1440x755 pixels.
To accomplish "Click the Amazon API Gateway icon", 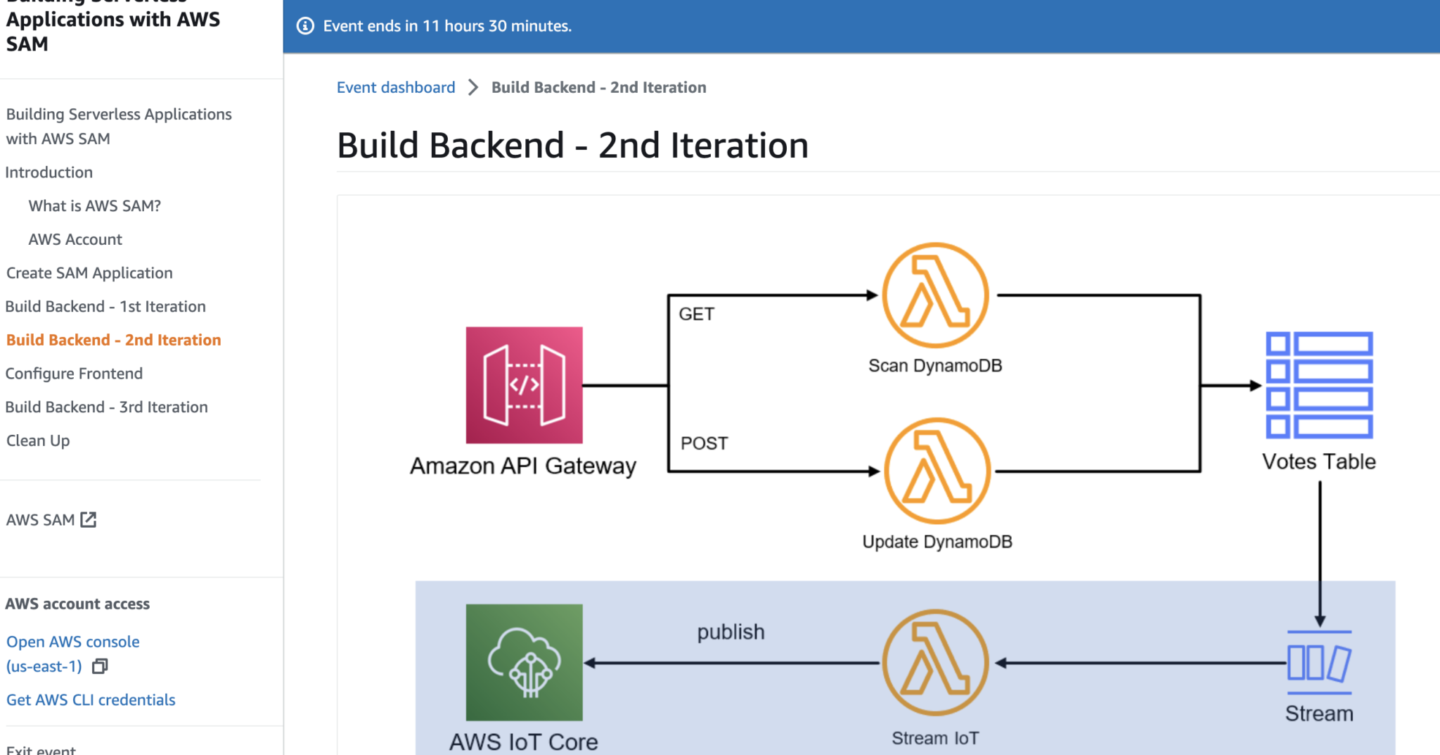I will (524, 385).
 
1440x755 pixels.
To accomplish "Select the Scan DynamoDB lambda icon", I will (935, 295).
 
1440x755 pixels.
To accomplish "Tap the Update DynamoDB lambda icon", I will (937, 471).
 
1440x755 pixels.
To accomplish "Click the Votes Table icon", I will (1319, 385).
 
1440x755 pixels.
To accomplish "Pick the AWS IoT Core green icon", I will (524, 662).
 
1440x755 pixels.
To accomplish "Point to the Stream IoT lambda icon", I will (935, 662).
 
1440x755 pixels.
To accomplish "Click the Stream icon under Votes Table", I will (1319, 663).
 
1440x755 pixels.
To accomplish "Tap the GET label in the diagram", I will (696, 314).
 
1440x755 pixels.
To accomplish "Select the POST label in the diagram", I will (704, 443).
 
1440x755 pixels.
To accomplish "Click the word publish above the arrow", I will (731, 632).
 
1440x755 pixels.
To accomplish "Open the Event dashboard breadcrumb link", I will (396, 87).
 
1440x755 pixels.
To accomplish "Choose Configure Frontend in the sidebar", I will (74, 374).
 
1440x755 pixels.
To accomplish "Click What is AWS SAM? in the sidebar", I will (94, 206).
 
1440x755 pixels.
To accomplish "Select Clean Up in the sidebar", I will (38, 440).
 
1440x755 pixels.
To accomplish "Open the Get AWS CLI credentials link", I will (91, 700).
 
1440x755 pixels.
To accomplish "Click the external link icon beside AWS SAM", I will (89, 519).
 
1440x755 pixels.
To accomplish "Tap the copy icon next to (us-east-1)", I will (100, 666).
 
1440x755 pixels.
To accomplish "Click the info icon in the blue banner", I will (305, 26).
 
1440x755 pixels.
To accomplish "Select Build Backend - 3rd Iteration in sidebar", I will (106, 407).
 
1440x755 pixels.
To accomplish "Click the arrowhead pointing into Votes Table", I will (1255, 385).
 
